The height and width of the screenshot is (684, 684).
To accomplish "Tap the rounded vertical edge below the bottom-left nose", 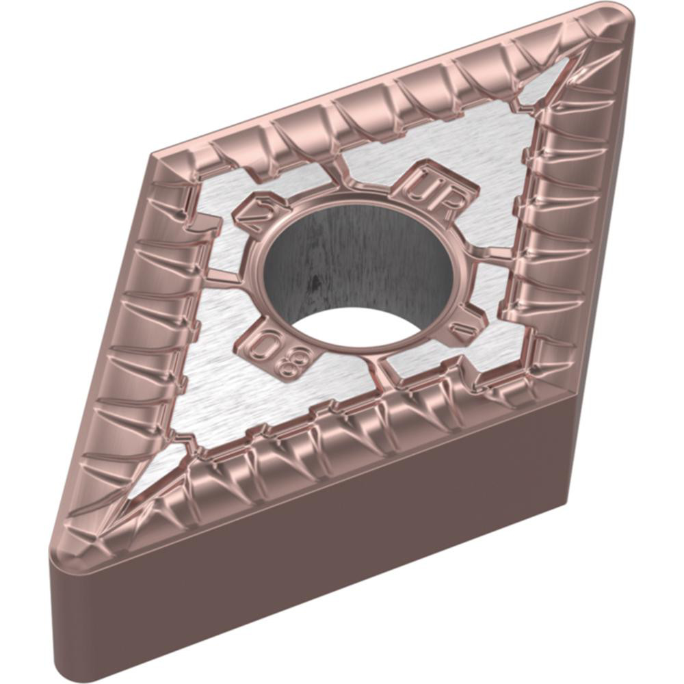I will (58, 616).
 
